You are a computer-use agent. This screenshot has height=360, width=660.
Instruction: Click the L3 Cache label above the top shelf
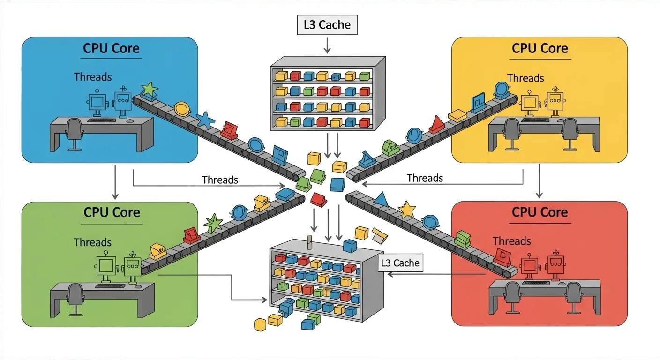(327, 25)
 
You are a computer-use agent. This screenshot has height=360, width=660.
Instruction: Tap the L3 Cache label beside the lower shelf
(400, 263)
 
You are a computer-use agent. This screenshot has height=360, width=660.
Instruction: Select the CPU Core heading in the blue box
(112, 48)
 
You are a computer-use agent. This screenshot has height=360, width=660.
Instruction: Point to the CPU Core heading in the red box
(540, 212)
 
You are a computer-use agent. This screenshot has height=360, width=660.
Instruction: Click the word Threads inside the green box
(93, 242)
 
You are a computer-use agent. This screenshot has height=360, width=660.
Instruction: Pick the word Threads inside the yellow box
(525, 78)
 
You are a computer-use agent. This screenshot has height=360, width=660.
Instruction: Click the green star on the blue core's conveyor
(150, 89)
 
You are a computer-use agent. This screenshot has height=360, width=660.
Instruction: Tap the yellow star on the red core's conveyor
(406, 209)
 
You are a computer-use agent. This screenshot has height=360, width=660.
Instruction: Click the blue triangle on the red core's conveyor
(381, 199)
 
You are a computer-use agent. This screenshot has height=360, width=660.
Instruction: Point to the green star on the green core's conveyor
(213, 223)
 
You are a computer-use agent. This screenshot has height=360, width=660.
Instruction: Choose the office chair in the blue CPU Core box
(74, 133)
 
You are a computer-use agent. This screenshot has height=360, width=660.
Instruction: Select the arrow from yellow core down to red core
(539, 180)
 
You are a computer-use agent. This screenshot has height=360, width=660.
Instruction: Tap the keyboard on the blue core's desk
(103, 120)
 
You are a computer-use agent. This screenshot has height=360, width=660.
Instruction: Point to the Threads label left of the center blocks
(220, 180)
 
